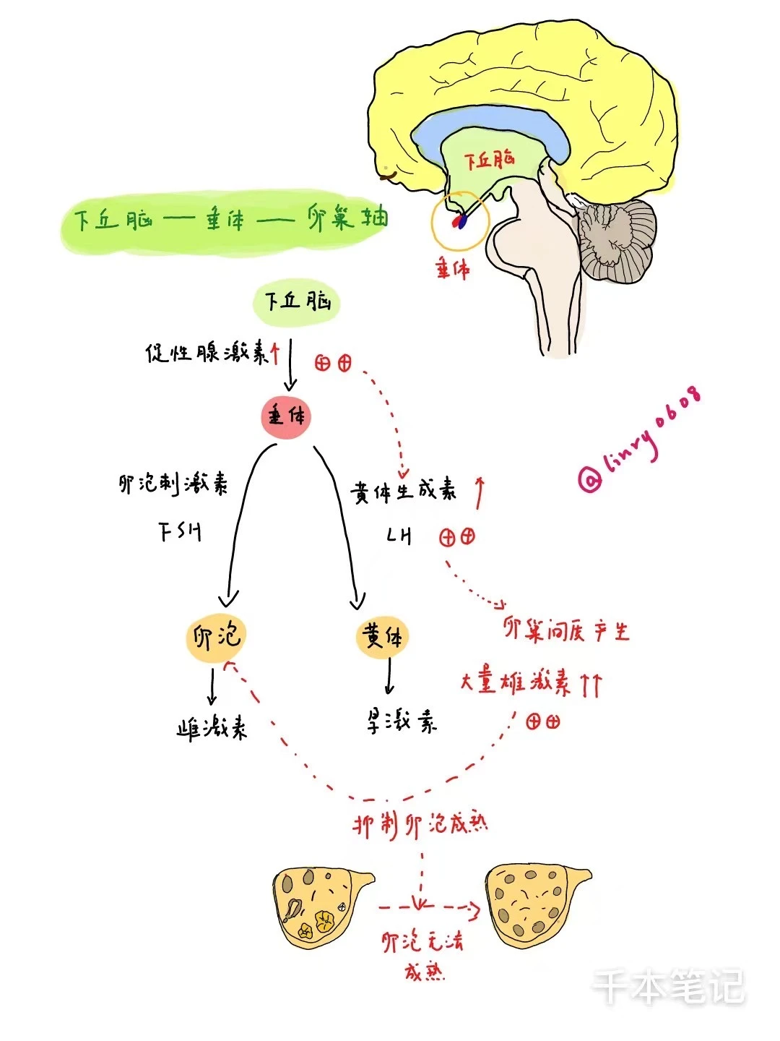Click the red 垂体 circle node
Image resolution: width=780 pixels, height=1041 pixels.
pyautogui.click(x=286, y=417)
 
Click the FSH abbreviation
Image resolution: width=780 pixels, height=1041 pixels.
pyautogui.click(x=179, y=532)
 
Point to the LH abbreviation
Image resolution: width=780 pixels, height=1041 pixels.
pyautogui.click(x=399, y=536)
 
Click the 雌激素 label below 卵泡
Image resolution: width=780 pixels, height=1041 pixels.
pyautogui.click(x=212, y=727)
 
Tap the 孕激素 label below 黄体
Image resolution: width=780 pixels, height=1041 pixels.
pyautogui.click(x=402, y=721)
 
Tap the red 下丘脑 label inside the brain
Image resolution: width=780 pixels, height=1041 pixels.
pyautogui.click(x=489, y=159)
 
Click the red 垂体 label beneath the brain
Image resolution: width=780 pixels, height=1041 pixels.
pyautogui.click(x=452, y=270)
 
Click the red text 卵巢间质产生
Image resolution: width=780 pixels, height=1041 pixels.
pyautogui.click(x=566, y=631)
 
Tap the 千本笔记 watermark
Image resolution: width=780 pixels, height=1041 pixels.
pyautogui.click(x=667, y=987)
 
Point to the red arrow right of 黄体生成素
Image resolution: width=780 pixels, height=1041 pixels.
pyautogui.click(x=480, y=492)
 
